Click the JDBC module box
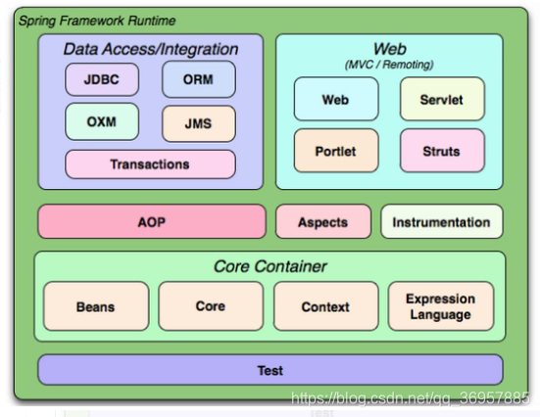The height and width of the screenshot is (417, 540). pos(102,79)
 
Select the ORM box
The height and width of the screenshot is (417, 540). pos(199,79)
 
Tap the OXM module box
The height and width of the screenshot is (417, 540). pos(102,121)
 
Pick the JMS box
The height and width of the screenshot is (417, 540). pos(199,123)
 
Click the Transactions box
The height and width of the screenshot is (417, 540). pos(150,164)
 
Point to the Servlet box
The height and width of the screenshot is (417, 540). pos(442,99)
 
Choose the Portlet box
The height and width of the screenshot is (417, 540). pos(336,151)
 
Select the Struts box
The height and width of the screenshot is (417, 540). pos(442,151)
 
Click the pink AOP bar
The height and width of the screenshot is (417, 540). pos(152,221)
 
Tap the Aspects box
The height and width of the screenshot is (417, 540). pos(323,221)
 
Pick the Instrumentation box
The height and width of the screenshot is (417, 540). pos(442,221)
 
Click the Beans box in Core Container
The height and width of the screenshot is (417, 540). pos(96,306)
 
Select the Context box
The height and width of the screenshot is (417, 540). pos(325,306)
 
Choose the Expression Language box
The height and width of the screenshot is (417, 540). pos(441,306)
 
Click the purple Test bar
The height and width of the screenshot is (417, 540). pos(270,370)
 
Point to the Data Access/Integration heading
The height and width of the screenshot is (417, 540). pos(151,49)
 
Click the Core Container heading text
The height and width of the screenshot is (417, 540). pos(270,266)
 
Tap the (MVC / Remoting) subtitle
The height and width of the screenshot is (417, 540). pos(389,65)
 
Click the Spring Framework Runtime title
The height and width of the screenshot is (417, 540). pos(97,21)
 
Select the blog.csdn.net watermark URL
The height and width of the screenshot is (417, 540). pos(410,398)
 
